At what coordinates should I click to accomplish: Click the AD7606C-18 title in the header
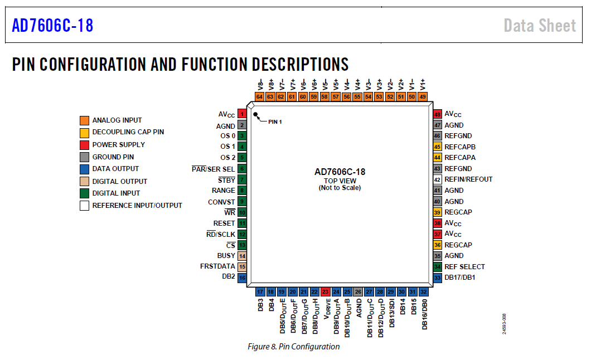click(53, 26)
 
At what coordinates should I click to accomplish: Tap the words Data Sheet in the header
click(540, 26)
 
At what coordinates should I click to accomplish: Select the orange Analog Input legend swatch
click(84, 120)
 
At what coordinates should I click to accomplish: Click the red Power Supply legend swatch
click(84, 145)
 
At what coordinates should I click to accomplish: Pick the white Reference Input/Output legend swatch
click(84, 206)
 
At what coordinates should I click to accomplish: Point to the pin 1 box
click(242, 114)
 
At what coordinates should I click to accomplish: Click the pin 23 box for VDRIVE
click(326, 292)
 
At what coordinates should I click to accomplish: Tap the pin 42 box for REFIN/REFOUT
click(438, 179)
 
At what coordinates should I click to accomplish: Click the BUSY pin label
click(226, 256)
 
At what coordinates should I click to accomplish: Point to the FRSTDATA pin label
click(217, 266)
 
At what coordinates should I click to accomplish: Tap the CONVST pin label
click(221, 202)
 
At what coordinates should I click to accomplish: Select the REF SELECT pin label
click(464, 266)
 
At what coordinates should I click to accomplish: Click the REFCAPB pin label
click(460, 147)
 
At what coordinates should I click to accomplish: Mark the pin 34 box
click(438, 266)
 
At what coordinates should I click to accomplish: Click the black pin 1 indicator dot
click(255, 114)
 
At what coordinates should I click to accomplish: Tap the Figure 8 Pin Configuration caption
click(293, 347)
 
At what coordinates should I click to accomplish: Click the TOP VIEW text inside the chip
click(340, 181)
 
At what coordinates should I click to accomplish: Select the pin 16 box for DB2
click(242, 278)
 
